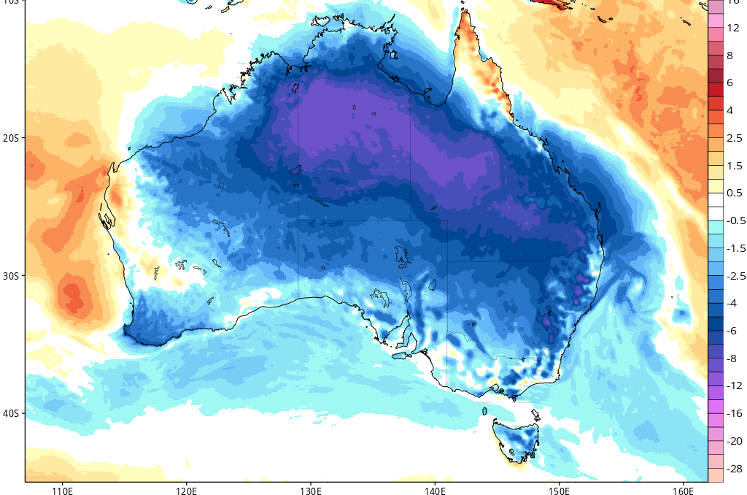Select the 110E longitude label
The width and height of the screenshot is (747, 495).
coord(62,488)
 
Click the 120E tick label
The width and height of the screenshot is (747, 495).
coord(186,488)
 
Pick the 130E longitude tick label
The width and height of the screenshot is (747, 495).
coord(311,488)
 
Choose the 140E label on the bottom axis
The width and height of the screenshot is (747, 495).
coord(435,488)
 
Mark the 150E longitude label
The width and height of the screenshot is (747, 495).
coord(559,488)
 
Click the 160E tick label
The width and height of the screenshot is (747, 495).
coord(683,488)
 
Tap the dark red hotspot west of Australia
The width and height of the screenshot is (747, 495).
coord(74,296)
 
